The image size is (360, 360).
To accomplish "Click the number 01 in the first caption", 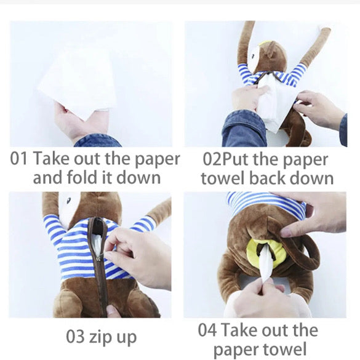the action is pyautogui.click(x=18, y=159).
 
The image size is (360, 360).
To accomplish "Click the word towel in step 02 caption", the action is pyautogui.click(x=222, y=178).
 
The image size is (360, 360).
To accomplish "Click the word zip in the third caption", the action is pyautogui.click(x=98, y=338).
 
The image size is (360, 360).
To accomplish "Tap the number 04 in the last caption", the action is pyautogui.click(x=207, y=330).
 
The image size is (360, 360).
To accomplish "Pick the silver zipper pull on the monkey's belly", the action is pyautogui.click(x=99, y=258).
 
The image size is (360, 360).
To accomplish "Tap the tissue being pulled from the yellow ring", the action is pyautogui.click(x=266, y=266).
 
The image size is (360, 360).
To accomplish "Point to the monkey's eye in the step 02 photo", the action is pyautogui.click(x=253, y=56).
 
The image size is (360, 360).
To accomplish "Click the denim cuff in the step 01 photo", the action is pyautogui.click(x=98, y=140).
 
